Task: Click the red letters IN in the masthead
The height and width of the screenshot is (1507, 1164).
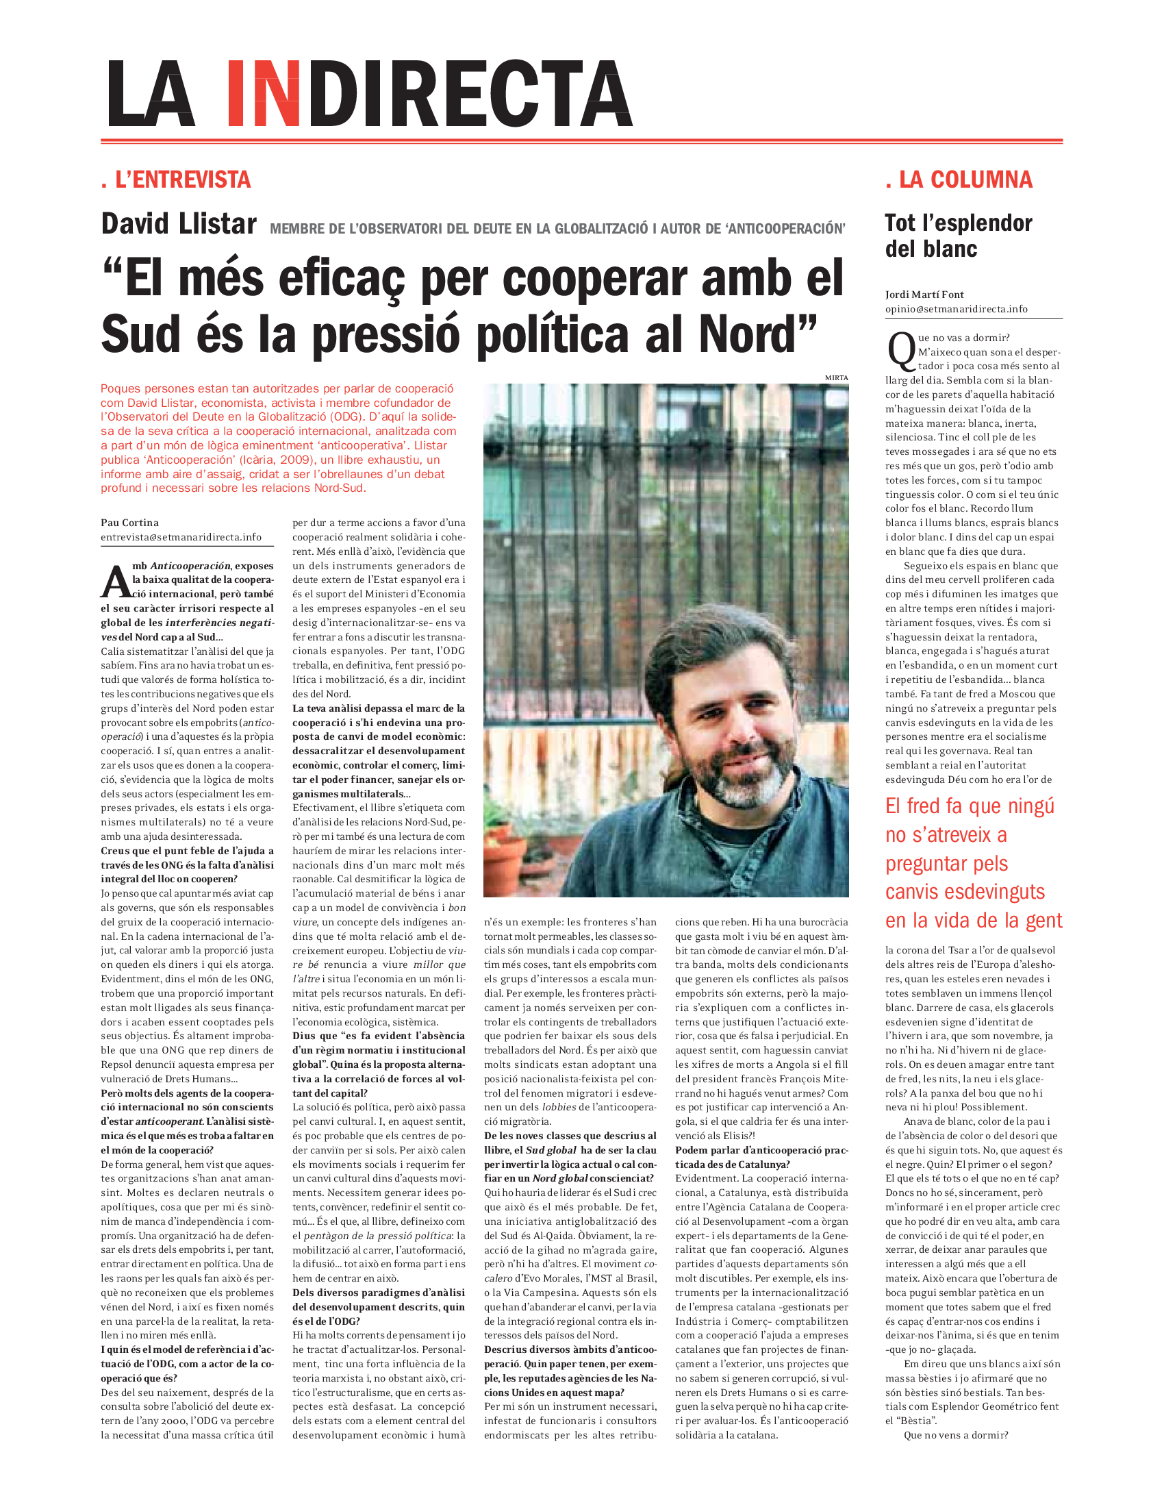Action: click(x=263, y=93)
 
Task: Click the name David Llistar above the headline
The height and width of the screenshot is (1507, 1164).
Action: click(x=179, y=224)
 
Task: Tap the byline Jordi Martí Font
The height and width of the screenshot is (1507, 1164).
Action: click(x=925, y=295)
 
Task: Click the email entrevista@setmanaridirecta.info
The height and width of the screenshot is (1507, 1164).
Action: click(x=181, y=537)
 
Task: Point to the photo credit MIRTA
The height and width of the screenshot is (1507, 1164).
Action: click(x=836, y=377)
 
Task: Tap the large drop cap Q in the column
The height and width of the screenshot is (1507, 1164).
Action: click(x=900, y=351)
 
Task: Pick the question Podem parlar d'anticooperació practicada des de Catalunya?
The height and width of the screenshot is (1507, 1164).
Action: click(x=761, y=1157)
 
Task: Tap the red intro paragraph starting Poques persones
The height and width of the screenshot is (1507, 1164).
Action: click(x=278, y=438)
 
